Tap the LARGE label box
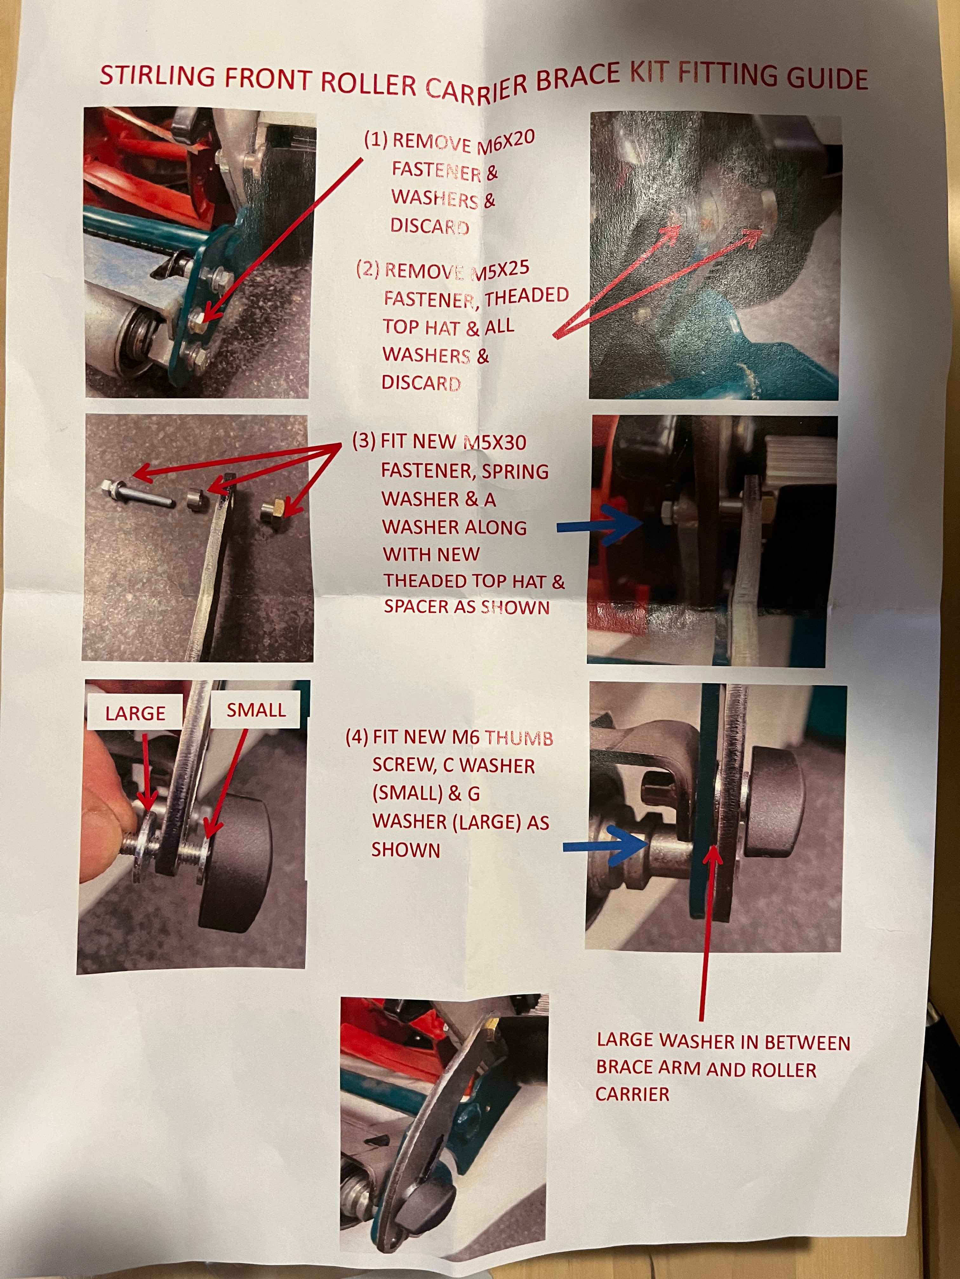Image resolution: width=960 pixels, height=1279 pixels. click(x=136, y=713)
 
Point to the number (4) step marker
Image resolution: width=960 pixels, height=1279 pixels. click(x=357, y=737)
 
